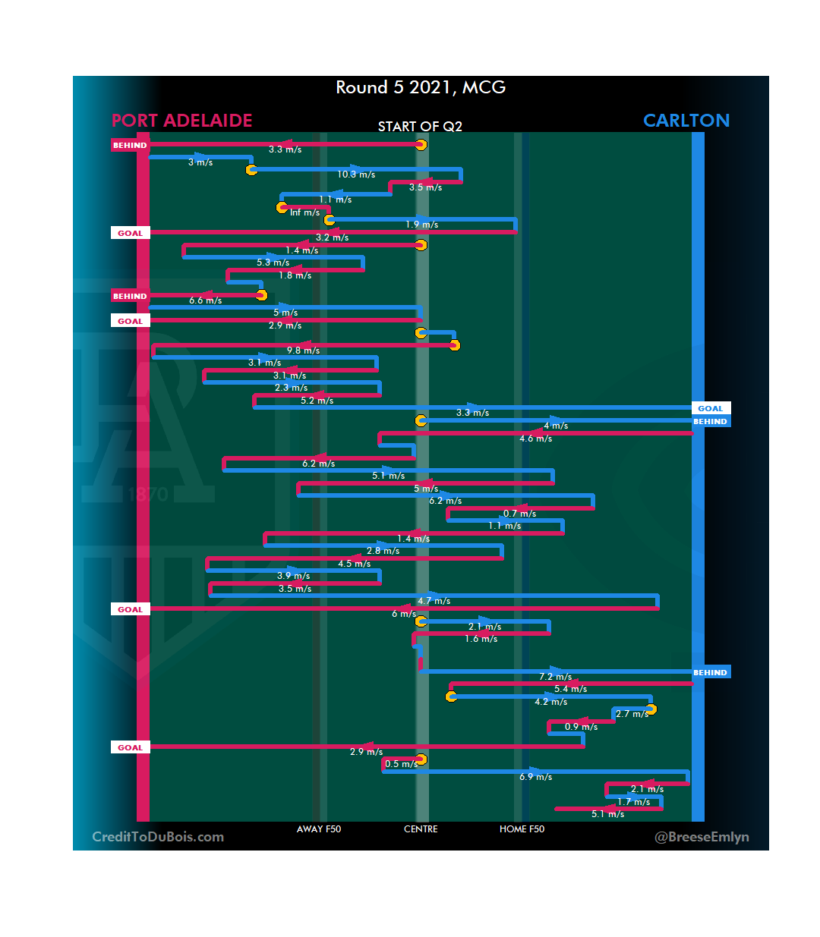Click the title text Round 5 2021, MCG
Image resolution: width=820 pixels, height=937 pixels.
click(421, 88)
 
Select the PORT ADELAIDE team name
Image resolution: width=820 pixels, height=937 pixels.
click(181, 121)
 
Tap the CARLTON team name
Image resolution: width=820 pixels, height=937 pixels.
click(686, 121)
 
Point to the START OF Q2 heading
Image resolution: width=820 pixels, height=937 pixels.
click(420, 127)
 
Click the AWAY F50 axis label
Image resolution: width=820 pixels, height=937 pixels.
click(319, 829)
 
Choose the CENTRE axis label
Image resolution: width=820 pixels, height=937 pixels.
click(421, 829)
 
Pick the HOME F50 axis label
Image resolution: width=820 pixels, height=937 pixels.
click(522, 829)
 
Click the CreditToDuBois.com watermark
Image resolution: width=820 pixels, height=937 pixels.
click(158, 837)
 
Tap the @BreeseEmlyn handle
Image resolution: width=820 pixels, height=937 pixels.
click(702, 837)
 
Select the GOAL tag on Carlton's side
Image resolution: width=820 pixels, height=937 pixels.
click(711, 408)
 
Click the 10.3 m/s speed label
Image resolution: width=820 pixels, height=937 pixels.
click(356, 175)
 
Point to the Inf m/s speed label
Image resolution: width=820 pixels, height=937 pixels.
click(304, 212)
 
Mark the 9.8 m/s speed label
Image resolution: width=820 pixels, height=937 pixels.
click(303, 351)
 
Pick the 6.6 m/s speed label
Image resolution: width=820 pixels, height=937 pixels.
click(205, 300)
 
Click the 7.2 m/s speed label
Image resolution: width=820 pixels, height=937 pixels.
click(555, 677)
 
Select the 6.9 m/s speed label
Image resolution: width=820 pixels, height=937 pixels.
click(535, 777)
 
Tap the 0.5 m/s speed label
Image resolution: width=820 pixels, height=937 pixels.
click(401, 764)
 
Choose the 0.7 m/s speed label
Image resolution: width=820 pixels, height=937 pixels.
click(519, 514)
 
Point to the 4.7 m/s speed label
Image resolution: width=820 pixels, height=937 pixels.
click(434, 601)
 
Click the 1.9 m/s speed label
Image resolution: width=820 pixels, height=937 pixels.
click(421, 225)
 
